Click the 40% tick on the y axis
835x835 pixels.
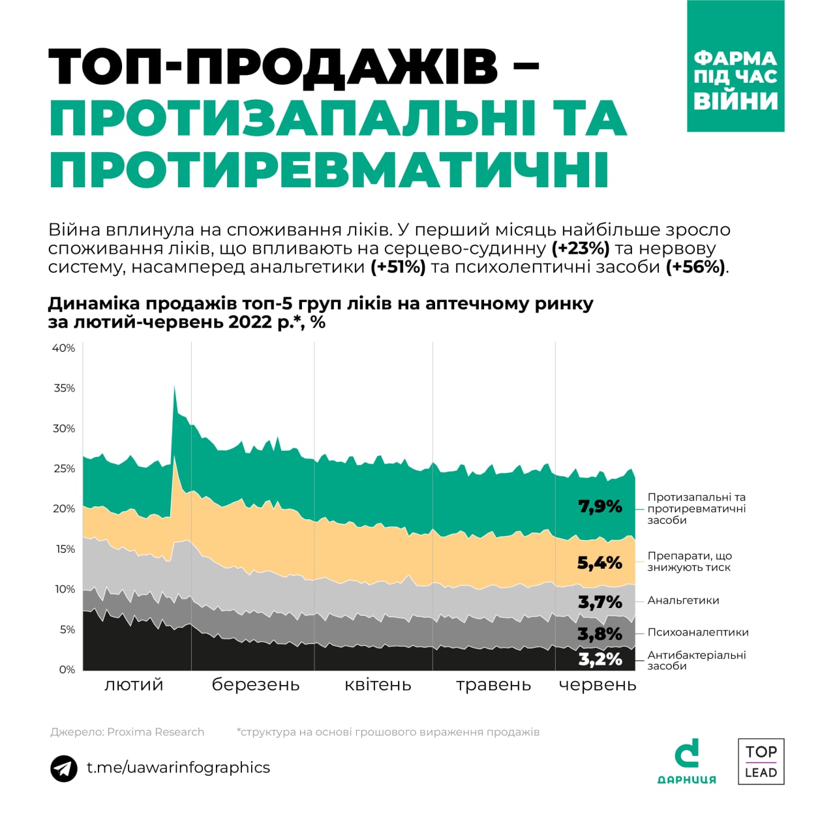(x=63, y=348)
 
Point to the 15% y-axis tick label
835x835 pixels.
(x=64, y=549)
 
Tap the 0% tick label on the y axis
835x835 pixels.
(x=67, y=669)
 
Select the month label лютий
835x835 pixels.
(x=134, y=685)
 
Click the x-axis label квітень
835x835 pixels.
(x=378, y=685)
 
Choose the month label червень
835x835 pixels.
(x=597, y=685)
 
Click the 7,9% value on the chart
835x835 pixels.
(x=600, y=507)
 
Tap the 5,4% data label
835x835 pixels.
(x=600, y=563)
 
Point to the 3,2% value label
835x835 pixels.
(x=600, y=660)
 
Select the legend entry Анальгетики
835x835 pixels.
(x=683, y=601)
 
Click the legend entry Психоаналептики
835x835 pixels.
(x=697, y=632)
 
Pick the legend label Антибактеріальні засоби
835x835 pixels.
(x=696, y=660)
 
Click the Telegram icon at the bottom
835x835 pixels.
(x=64, y=768)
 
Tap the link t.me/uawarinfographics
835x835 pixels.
(x=178, y=768)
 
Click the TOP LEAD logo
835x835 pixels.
(x=761, y=761)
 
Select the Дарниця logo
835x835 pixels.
(x=686, y=761)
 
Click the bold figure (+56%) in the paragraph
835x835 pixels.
(x=695, y=267)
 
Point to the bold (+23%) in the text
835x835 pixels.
(x=581, y=249)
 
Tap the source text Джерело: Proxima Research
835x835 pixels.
(x=127, y=732)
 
